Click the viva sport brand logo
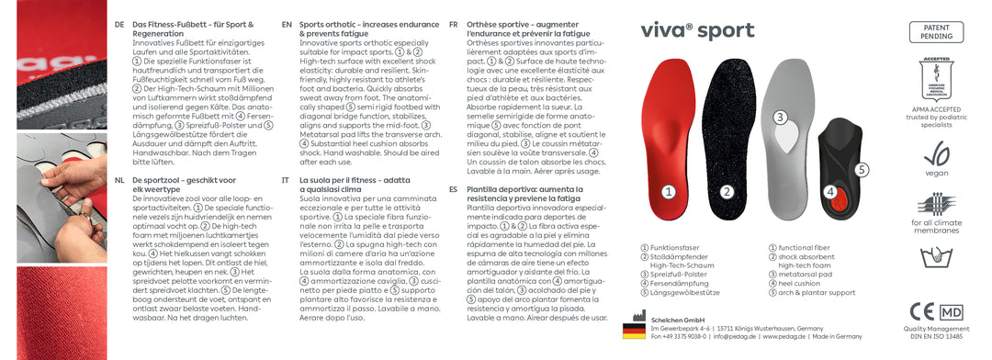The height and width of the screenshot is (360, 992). (697, 30)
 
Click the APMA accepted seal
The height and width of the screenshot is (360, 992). (935, 82)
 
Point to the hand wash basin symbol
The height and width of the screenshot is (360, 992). (935, 257)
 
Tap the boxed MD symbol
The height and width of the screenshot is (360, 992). (952, 311)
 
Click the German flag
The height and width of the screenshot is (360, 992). (634, 331)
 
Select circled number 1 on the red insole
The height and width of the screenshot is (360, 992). (669, 192)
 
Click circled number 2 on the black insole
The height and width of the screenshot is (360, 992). (727, 192)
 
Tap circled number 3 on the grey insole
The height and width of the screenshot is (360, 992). (779, 118)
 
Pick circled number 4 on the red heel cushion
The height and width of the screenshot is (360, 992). (830, 192)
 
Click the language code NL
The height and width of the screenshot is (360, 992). (119, 180)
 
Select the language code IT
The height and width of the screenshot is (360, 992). (286, 180)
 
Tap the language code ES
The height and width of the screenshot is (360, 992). (453, 188)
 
